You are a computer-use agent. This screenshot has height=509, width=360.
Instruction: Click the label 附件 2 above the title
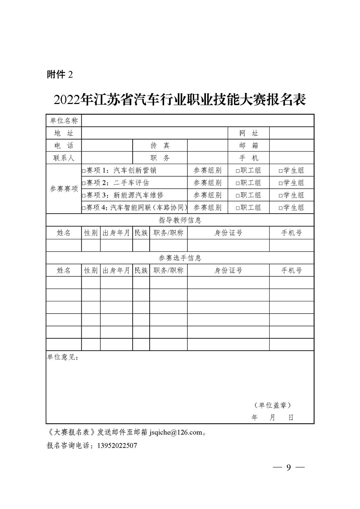tap(60, 75)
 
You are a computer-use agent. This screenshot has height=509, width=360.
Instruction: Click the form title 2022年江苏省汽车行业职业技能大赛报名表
tap(180, 100)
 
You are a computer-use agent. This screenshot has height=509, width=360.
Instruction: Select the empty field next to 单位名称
tap(197, 120)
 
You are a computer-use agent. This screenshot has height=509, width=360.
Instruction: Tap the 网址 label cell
tap(249, 133)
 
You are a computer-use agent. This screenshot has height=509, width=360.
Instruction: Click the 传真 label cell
tap(160, 145)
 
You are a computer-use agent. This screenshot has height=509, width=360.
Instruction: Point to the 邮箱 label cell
tap(249, 145)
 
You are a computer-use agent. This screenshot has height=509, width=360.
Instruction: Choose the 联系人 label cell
tap(64, 158)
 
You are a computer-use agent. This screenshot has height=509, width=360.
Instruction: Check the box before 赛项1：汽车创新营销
tap(84, 171)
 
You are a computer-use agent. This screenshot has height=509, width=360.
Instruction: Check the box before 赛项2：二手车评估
tap(84, 183)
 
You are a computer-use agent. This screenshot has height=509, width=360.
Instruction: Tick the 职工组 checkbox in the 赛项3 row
tap(238, 196)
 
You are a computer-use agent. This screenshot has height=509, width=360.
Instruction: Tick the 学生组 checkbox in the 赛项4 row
tap(281, 208)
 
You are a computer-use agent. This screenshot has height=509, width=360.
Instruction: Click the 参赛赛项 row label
tap(64, 189)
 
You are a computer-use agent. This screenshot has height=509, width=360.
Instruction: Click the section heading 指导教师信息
tap(180, 220)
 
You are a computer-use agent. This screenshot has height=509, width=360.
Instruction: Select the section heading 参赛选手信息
tap(180, 258)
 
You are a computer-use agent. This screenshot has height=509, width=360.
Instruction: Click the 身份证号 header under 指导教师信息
tap(228, 233)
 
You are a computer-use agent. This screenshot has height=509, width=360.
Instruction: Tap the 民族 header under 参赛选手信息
tap(141, 270)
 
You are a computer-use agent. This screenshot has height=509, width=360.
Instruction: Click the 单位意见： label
tap(63, 357)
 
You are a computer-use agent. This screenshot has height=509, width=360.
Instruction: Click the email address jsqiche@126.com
tap(176, 432)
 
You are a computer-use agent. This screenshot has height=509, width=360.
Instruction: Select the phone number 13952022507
tap(117, 446)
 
